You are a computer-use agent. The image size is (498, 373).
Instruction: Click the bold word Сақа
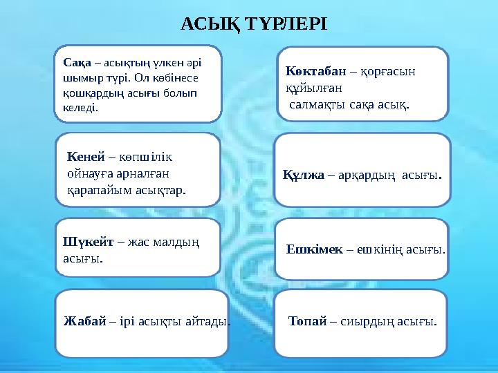tap(74, 61)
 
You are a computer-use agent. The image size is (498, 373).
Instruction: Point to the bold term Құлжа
tap(304, 175)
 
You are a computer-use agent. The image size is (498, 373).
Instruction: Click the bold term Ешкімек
tap(314, 249)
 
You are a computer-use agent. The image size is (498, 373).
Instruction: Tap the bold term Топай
tap(308, 321)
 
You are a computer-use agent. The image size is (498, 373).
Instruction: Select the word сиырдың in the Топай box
tap(369, 321)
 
